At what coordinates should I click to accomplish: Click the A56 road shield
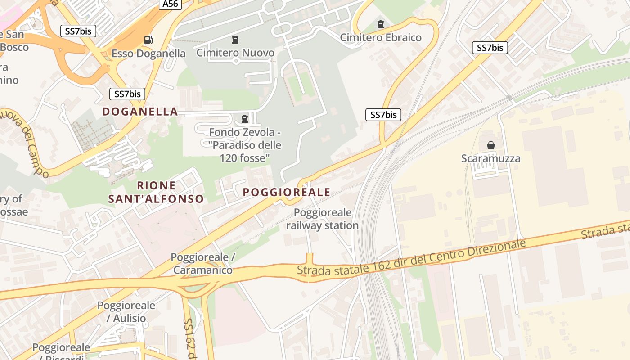(170, 4)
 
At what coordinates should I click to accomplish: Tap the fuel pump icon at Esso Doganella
(148, 40)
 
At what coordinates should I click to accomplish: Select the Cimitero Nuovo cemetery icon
(235, 40)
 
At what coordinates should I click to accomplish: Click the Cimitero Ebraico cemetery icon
(381, 24)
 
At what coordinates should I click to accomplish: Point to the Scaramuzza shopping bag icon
(491, 145)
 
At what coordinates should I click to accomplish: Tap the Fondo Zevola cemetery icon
(245, 119)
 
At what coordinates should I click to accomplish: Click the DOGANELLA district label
(140, 112)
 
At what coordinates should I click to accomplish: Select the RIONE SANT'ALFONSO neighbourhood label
(156, 192)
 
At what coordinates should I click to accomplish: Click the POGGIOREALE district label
(287, 192)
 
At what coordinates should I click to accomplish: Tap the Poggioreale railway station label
(323, 219)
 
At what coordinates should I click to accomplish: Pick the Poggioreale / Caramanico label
(203, 264)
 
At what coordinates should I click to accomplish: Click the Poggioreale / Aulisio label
(126, 312)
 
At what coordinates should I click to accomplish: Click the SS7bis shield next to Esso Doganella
(78, 31)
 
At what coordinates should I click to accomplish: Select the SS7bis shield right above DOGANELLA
(127, 94)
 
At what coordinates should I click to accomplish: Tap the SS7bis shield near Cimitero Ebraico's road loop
(383, 115)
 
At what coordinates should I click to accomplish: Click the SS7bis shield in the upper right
(490, 48)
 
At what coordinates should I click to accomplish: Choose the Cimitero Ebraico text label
(381, 37)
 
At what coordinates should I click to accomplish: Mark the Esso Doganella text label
(148, 54)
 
